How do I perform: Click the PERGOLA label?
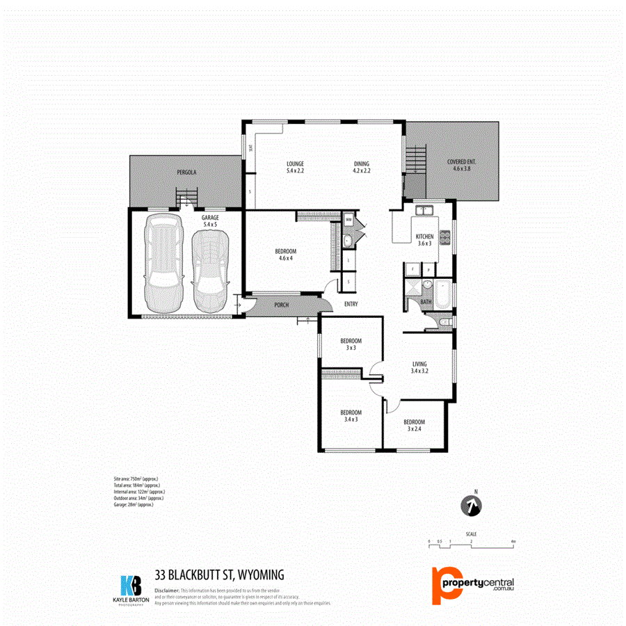pyautogui.click(x=186, y=171)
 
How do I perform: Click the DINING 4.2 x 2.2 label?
pyautogui.click(x=361, y=167)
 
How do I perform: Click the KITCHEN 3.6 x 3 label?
pyautogui.click(x=424, y=240)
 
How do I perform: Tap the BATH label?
pyautogui.click(x=426, y=302)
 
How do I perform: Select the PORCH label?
pyautogui.click(x=282, y=305)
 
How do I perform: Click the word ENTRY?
pyautogui.click(x=351, y=305)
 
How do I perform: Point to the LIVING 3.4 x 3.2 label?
pyautogui.click(x=419, y=368)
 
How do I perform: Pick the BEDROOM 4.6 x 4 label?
pyautogui.click(x=286, y=255)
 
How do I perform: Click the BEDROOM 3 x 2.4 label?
pyautogui.click(x=414, y=426)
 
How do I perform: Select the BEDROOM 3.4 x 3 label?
pyautogui.click(x=351, y=416)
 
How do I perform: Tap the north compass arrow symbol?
pyautogui.click(x=473, y=506)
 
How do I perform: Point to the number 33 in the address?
pyautogui.click(x=163, y=575)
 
